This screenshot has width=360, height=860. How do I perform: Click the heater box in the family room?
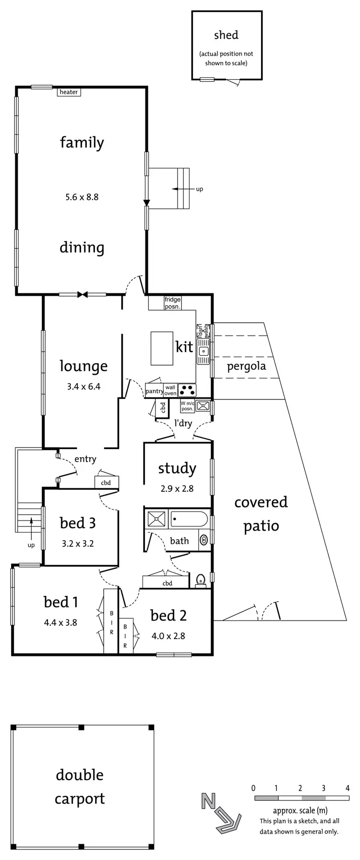(69, 92)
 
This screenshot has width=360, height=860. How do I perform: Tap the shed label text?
(226, 35)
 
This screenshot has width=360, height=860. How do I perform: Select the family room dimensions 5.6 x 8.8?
(82, 196)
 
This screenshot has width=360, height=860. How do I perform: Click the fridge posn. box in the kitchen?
(172, 303)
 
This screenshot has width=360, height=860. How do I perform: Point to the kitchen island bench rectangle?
(162, 348)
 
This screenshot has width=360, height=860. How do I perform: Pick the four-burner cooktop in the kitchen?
(187, 389)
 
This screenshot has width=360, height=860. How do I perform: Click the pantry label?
(154, 391)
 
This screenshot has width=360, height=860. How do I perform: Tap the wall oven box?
(170, 390)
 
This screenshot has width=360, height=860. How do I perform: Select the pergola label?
(246, 366)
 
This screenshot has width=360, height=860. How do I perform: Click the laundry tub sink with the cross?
(203, 406)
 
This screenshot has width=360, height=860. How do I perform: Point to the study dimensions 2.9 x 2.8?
(177, 489)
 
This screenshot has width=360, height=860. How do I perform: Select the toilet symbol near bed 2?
(201, 580)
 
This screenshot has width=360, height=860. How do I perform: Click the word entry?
(85, 459)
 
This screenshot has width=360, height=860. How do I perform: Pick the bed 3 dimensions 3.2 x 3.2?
(78, 544)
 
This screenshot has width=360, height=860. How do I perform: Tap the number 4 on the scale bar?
(348, 788)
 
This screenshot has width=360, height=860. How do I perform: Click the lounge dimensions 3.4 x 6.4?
(84, 386)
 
